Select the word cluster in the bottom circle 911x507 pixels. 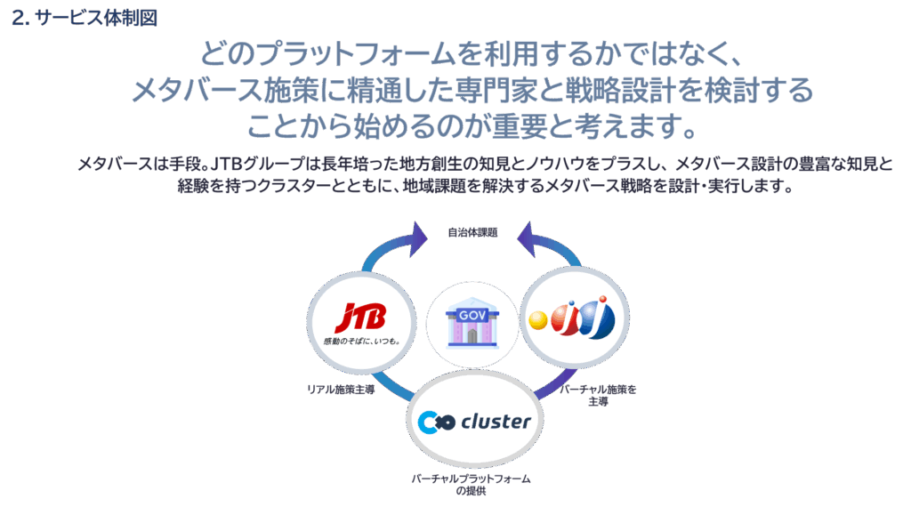496,421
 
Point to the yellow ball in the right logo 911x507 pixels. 537,321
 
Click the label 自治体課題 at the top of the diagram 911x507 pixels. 472,232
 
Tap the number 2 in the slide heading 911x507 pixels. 17,18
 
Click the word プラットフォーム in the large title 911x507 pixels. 343,55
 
